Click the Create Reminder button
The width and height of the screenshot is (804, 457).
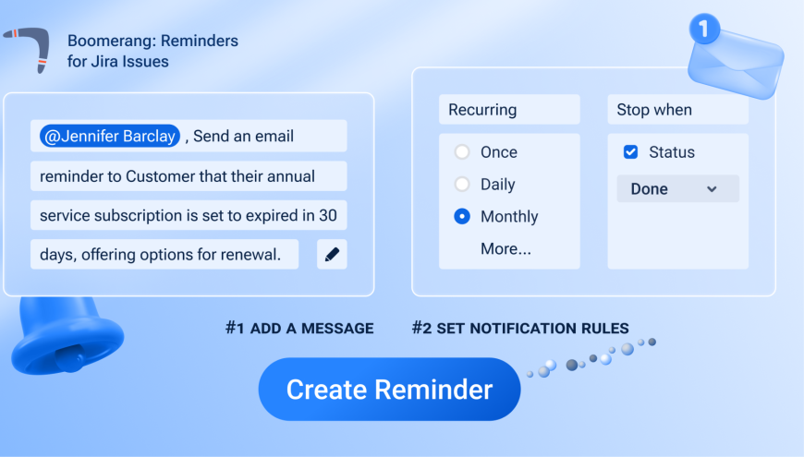point(389,390)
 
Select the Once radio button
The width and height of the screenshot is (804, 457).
point(462,152)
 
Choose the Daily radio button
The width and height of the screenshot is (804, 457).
point(462,185)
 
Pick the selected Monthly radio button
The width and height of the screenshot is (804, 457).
point(462,217)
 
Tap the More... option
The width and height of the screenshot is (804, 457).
point(506,249)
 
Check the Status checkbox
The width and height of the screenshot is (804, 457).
point(630,152)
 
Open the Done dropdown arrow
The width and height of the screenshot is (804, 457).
point(712,189)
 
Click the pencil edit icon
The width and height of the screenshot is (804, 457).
point(332,254)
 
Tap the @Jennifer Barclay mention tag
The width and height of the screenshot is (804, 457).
point(110,137)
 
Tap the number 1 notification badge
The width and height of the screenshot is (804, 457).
point(704,29)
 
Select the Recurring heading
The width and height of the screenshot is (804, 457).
point(482,110)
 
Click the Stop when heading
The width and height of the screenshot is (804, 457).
point(654,110)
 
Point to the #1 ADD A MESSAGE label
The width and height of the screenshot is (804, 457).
point(299,329)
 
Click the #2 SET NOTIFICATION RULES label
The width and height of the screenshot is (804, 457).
point(520,329)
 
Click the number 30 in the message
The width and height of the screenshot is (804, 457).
point(328,215)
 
